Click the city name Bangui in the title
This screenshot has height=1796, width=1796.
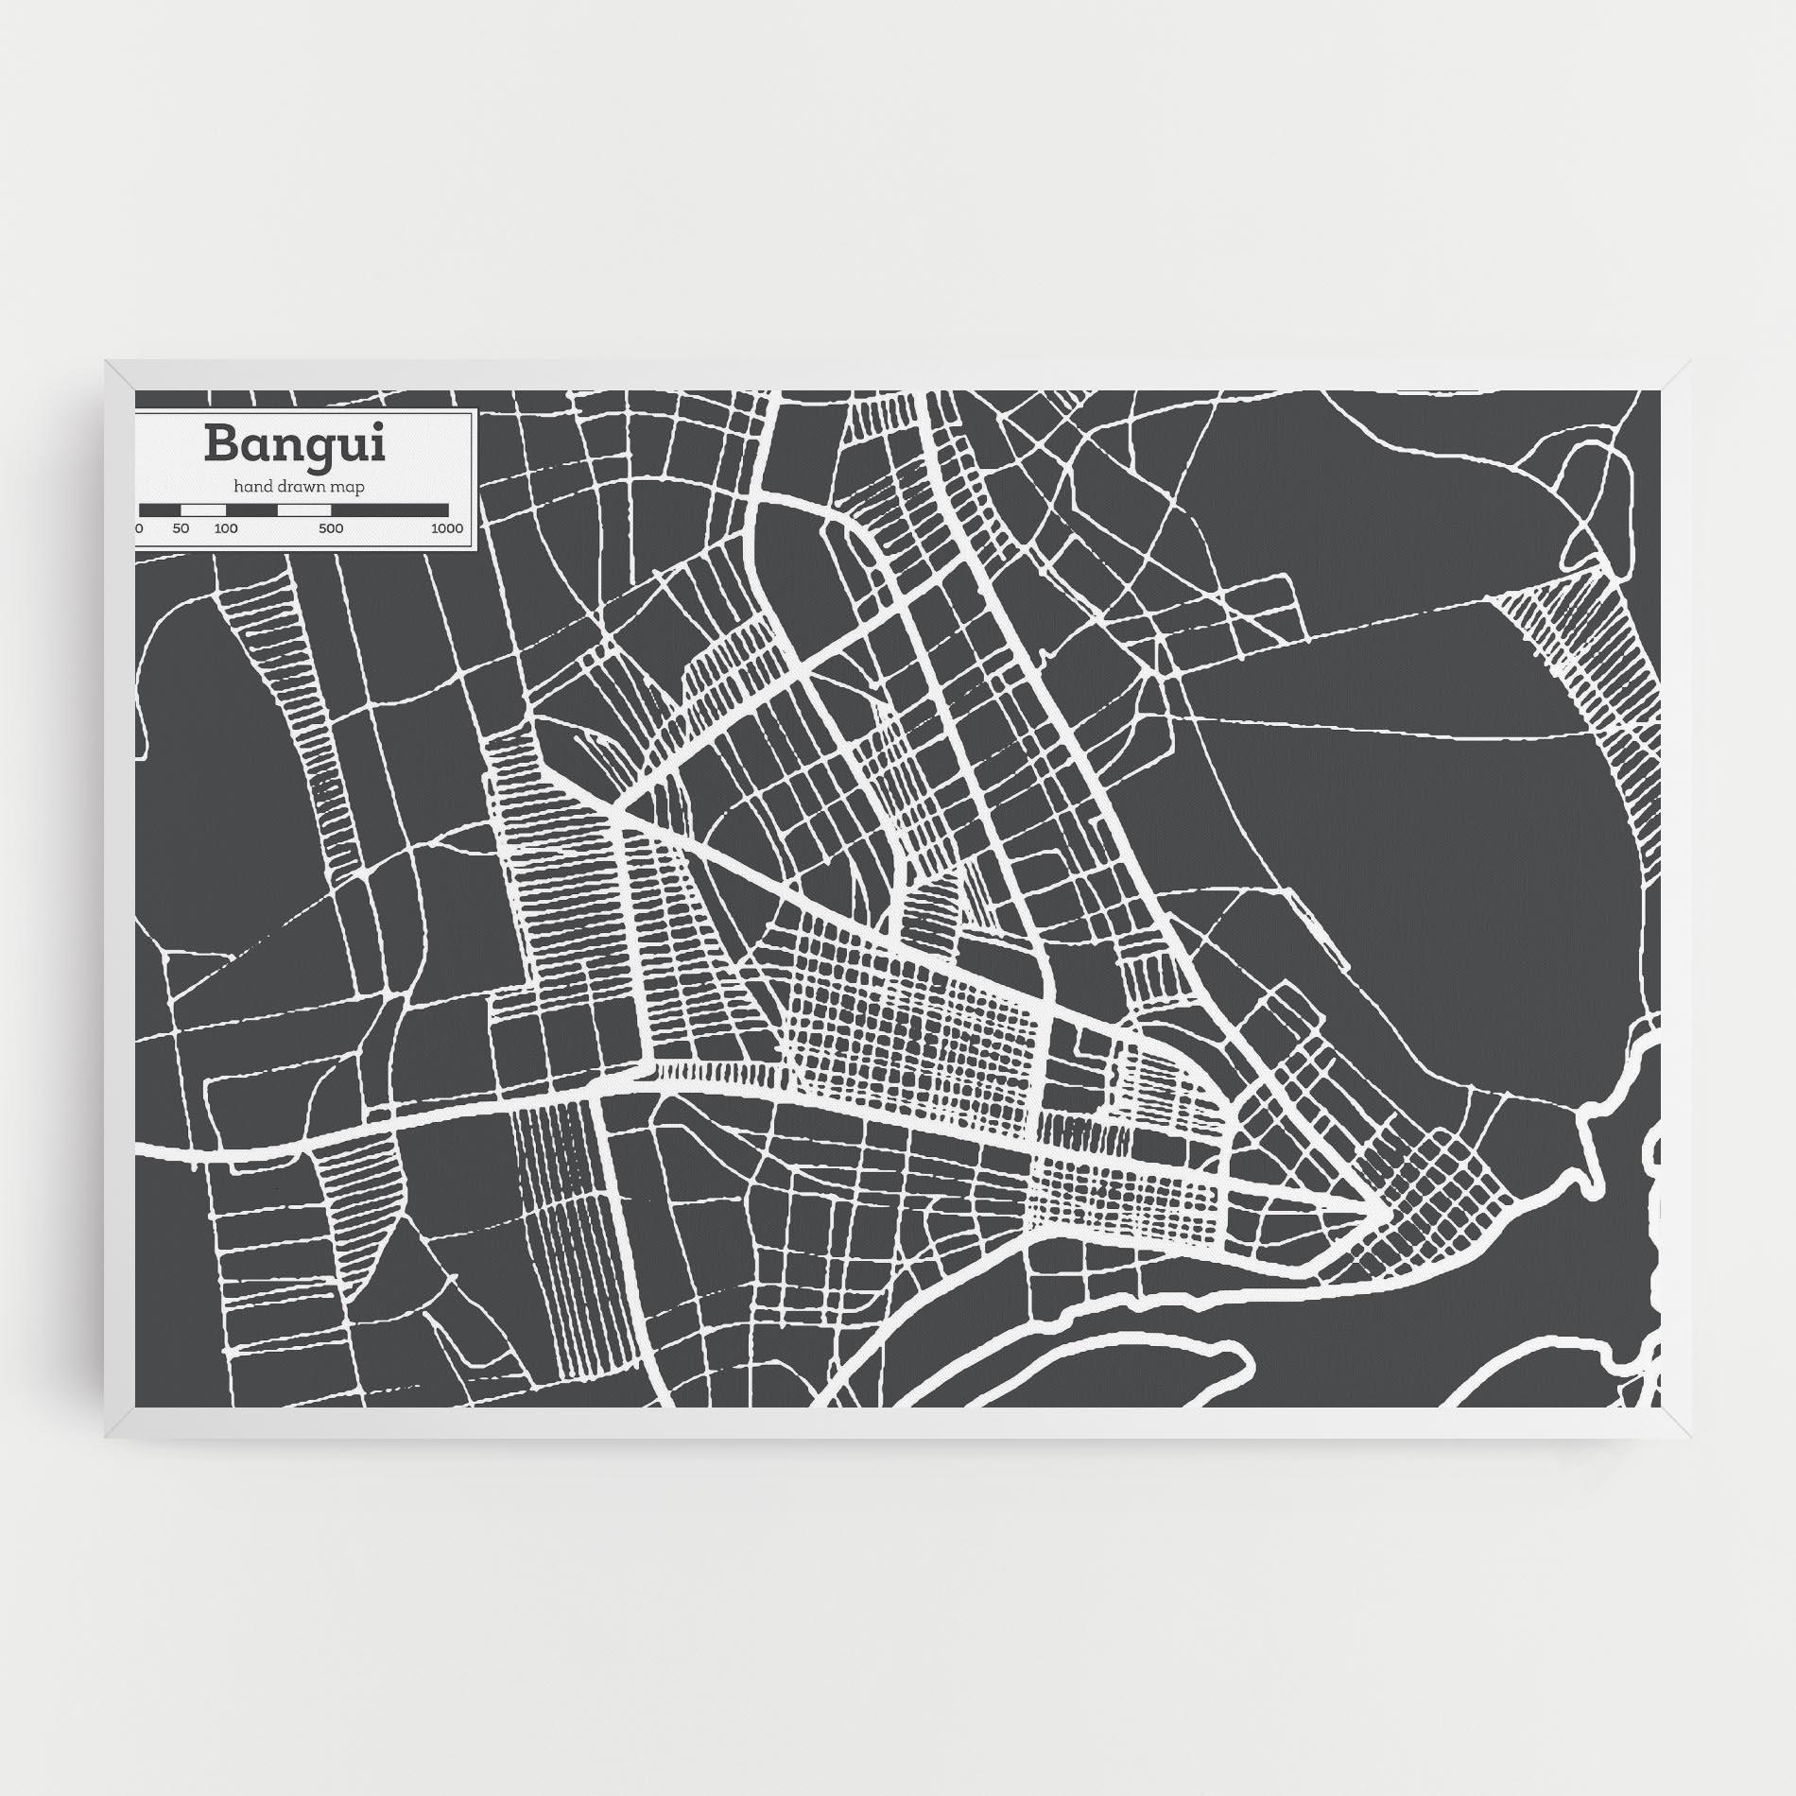click(x=294, y=444)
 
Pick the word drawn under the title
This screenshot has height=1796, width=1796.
click(x=300, y=487)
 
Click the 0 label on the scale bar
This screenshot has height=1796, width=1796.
click(x=140, y=528)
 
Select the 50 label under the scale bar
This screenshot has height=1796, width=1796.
click(x=181, y=528)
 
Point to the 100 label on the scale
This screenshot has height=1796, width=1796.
click(x=226, y=528)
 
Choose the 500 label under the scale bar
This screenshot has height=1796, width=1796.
click(x=331, y=528)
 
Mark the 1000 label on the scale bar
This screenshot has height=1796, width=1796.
click(x=446, y=528)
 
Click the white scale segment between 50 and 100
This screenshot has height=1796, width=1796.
click(x=203, y=510)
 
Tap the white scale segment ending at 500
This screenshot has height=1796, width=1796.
click(x=303, y=510)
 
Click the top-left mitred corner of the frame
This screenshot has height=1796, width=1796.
click(x=120, y=374)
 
